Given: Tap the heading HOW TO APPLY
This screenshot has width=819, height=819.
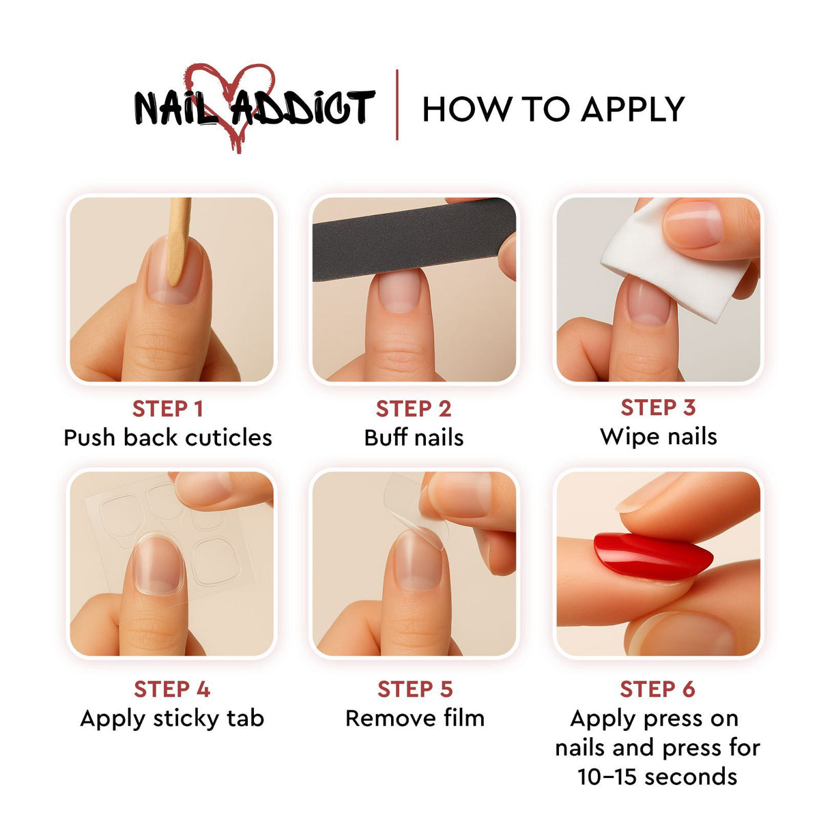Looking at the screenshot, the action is point(553,109).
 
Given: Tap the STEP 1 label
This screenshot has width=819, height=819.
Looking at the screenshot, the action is point(167,409).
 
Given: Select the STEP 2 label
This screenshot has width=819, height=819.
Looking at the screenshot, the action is point(413,409).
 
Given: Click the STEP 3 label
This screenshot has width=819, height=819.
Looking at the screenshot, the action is point(659,407).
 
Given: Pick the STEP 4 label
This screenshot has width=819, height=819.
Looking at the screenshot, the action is point(172,689).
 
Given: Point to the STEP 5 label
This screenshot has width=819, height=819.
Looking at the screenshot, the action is point(415,689).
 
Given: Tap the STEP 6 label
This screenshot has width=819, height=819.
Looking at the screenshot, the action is point(657,689).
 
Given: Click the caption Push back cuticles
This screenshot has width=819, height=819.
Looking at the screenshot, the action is point(167,437).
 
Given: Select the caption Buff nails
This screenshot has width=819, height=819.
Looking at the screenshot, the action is point(414,437).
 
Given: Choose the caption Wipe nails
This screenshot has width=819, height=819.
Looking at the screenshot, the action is point(659,437).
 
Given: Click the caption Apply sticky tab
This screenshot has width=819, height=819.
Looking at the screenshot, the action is point(172,719).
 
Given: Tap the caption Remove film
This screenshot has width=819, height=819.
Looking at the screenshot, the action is point(415,718).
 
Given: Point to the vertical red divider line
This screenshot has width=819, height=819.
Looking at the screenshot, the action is point(397,104).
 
